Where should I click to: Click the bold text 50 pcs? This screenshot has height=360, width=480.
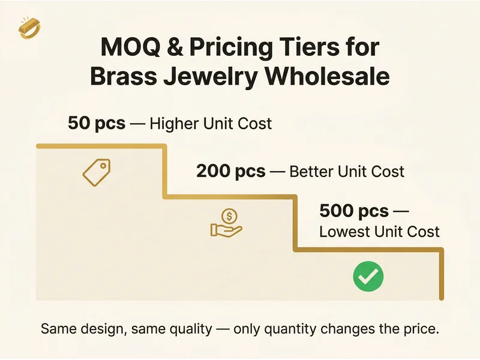click(97, 124)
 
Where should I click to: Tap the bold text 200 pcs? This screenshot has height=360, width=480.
click(230, 172)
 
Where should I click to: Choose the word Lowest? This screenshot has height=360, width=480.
click(344, 232)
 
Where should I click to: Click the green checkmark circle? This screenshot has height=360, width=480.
click(367, 276)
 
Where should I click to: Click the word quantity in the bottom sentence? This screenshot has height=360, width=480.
click(292, 329)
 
